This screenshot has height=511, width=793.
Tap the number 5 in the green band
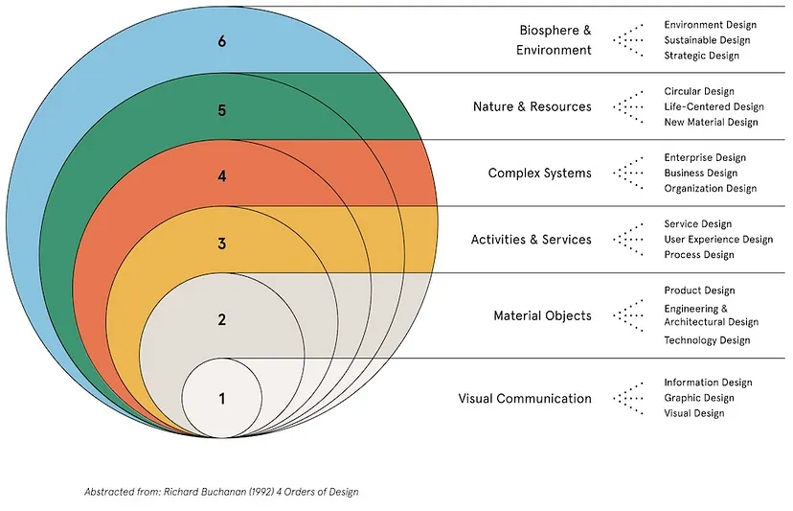click(221, 110)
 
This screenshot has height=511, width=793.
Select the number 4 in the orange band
click(221, 176)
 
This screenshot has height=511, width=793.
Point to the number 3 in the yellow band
click(221, 244)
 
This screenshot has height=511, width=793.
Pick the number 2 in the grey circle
click(221, 320)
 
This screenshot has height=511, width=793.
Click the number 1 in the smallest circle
click(221, 399)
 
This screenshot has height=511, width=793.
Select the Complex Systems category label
click(539, 174)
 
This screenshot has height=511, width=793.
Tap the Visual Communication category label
click(525, 398)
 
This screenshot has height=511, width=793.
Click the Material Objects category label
click(542, 315)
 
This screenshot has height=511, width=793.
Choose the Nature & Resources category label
click(532, 106)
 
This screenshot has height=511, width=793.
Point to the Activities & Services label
click(531, 240)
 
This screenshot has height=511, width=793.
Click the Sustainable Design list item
click(707, 40)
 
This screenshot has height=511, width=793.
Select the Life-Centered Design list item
click(714, 106)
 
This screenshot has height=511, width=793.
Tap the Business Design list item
click(701, 173)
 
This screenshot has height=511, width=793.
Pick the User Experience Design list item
click(718, 240)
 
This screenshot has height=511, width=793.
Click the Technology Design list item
click(707, 340)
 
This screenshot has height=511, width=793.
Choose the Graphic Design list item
click(699, 398)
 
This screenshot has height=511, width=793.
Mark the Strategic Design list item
click(702, 56)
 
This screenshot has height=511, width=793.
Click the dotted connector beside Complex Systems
click(628, 174)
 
